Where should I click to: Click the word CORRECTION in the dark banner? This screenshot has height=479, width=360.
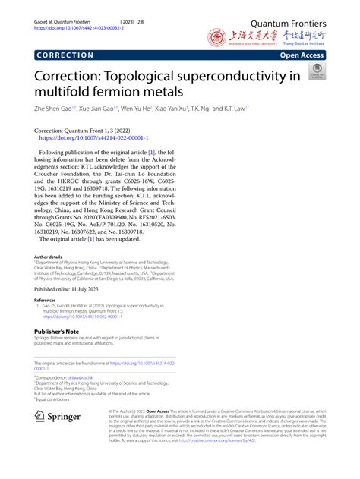point(64,55)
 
